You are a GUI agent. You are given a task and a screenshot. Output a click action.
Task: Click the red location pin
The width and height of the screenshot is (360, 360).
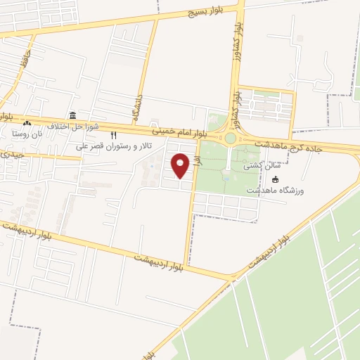point(181,165)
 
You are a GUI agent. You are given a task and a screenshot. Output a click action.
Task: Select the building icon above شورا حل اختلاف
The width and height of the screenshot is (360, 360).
point(72,115)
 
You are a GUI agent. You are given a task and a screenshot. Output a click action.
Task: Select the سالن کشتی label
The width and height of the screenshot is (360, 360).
point(258,167)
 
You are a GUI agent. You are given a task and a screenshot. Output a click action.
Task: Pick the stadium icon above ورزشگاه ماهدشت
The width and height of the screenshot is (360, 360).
point(275,180)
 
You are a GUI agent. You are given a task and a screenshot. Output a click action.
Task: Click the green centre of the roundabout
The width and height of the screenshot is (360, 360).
point(230,138)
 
